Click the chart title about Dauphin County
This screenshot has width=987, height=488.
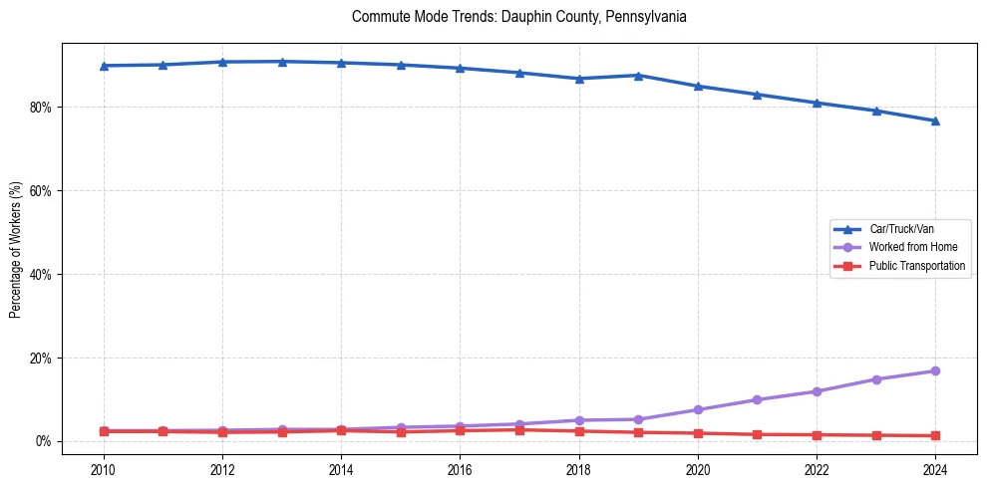click(x=518, y=17)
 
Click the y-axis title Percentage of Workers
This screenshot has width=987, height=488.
click(x=15, y=249)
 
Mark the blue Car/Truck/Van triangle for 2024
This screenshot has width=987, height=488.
click(x=935, y=121)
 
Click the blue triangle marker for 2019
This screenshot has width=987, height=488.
click(x=638, y=75)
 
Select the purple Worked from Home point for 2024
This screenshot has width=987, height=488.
click(x=935, y=370)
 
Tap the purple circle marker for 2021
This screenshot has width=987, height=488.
click(x=757, y=399)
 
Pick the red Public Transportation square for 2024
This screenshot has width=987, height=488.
click(x=935, y=435)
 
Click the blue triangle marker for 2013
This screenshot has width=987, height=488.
click(x=282, y=62)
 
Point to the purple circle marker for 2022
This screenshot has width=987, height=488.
click(x=817, y=391)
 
